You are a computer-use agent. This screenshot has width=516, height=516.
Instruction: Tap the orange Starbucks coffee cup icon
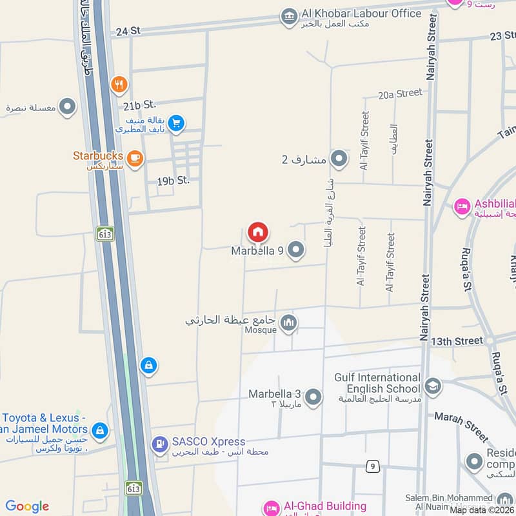[x=134, y=157]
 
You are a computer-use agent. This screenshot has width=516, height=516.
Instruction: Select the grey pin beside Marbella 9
[x=295, y=250]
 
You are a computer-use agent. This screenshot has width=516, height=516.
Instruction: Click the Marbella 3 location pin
[x=313, y=397]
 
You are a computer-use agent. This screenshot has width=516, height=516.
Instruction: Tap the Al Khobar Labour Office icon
[x=290, y=17]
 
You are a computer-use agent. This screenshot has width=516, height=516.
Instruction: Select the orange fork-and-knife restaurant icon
[x=119, y=84]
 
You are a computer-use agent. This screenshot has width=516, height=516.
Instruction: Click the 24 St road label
[x=128, y=30]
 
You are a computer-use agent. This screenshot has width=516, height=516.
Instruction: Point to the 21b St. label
[x=140, y=104]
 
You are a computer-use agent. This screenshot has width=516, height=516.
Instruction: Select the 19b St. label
[x=173, y=181]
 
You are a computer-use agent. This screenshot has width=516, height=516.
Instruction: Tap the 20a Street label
[x=400, y=94]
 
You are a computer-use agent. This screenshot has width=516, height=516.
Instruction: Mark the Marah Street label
[x=461, y=426]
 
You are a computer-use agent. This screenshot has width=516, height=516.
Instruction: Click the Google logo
[x=27, y=506]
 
